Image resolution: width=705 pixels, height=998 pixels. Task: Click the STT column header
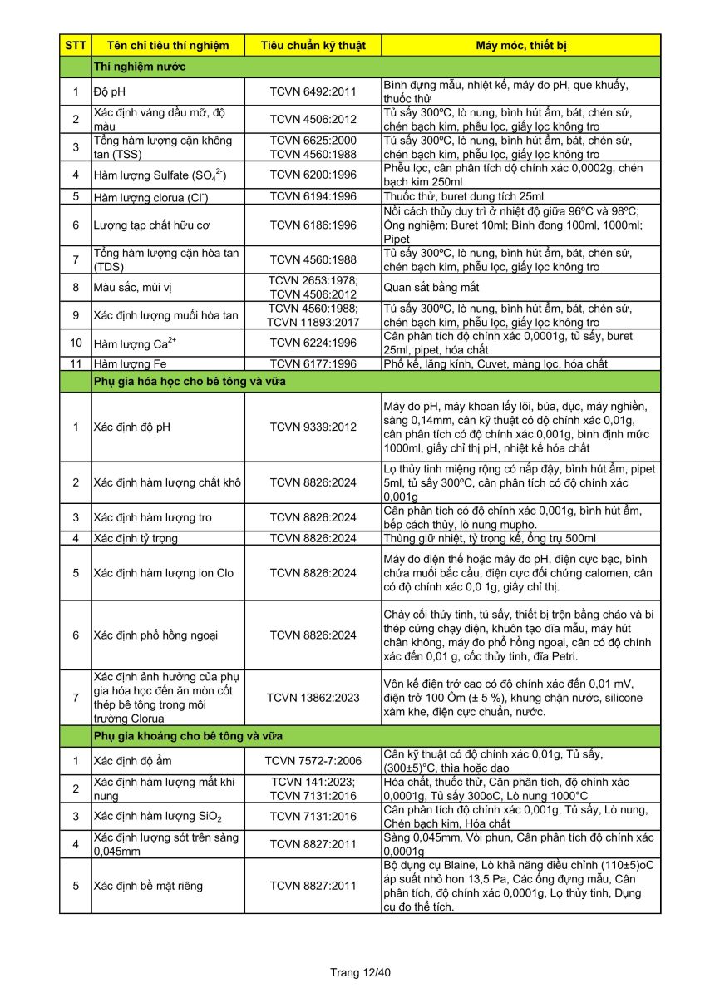[75, 45]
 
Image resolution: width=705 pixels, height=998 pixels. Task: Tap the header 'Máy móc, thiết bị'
[521, 45]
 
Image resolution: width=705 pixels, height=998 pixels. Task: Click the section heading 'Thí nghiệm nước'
[140, 67]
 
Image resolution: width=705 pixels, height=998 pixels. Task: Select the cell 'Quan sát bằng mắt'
[432, 288]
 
